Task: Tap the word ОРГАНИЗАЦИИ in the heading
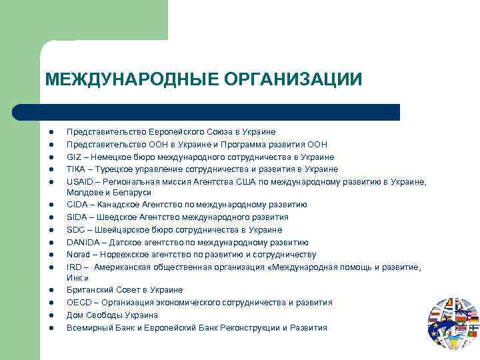(293, 79)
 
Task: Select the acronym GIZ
(73, 157)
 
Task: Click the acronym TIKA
(75, 169)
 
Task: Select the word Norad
(77, 255)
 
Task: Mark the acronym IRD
(74, 267)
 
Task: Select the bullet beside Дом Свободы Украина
(50, 315)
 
